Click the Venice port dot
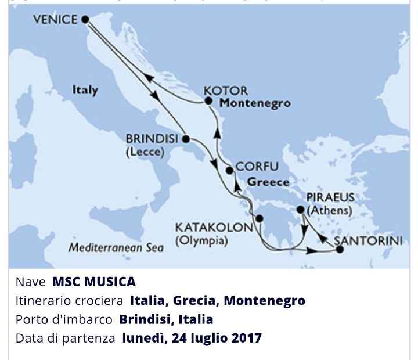click(85, 19)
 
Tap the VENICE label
click(55, 20)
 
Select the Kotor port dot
click(208, 101)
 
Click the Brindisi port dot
click(185, 139)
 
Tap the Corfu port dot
click(229, 171)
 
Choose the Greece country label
click(268, 182)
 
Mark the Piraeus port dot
click(300, 210)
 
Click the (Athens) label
click(330, 211)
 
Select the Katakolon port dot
click(260, 219)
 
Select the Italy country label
click(85, 91)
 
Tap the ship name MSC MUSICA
click(94, 282)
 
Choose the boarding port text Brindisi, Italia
click(166, 319)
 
